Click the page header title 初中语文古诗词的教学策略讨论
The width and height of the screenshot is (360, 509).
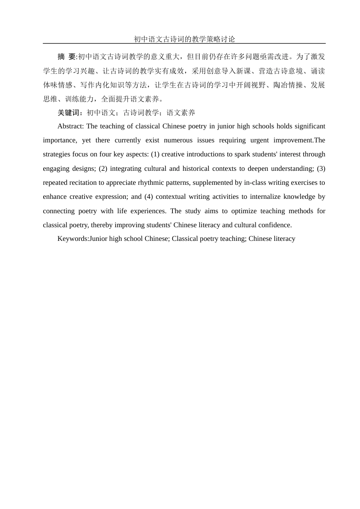coord(184,39)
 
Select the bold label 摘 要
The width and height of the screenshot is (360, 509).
coord(67,57)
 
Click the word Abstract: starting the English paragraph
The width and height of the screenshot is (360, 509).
coord(70,126)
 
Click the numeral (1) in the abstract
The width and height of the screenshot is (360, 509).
coord(155,154)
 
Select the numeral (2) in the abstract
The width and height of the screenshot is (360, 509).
coord(103,169)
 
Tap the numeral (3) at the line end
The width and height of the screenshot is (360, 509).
coord(321,169)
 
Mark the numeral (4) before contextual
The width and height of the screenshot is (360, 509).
coord(149,197)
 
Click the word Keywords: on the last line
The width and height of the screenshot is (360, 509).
coord(73,239)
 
